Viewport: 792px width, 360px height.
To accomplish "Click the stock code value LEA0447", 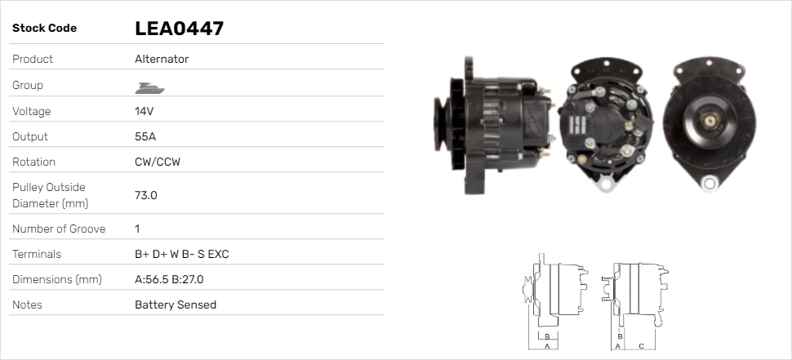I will [x=179, y=29].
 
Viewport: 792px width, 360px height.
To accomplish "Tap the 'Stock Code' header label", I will [x=44, y=29].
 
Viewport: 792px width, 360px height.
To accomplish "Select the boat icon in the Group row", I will [x=147, y=86].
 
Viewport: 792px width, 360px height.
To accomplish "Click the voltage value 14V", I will [x=144, y=111].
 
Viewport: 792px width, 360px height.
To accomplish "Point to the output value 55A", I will [x=145, y=136].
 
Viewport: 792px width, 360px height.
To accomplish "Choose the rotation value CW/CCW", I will [x=158, y=162].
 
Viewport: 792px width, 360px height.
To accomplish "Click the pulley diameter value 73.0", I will [x=145, y=195].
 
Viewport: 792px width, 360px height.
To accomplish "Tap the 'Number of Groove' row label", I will [x=59, y=229].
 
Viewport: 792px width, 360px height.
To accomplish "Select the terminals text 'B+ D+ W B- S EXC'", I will [x=181, y=254].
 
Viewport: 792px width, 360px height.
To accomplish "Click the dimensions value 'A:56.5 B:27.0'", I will [x=168, y=279].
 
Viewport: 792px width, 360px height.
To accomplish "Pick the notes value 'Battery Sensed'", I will [x=175, y=304].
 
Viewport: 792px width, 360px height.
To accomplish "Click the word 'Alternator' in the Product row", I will [x=162, y=60].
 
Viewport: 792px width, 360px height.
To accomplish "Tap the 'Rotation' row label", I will [x=33, y=162].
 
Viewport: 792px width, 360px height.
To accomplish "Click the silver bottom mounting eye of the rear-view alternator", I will [x=605, y=182].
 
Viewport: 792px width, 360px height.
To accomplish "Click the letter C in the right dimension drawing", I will [x=641, y=346].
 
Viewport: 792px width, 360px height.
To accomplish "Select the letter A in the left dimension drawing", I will [x=546, y=346].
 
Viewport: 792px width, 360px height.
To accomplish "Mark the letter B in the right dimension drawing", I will [x=621, y=336].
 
